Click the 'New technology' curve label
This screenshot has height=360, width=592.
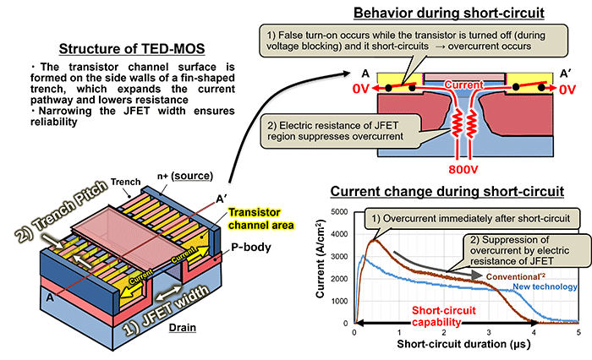[x=545, y=288]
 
